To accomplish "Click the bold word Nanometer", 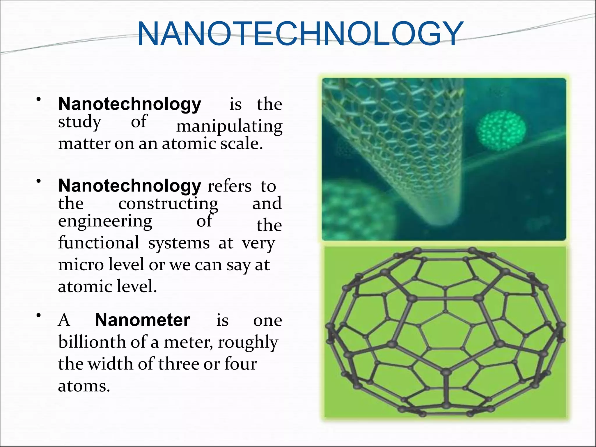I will pos(143,320).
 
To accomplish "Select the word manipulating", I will pos(229,127).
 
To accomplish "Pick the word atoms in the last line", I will pos(84,386).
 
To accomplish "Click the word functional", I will pos(99,243).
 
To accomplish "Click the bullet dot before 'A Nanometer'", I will pos(38,315).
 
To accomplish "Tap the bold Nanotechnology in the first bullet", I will pos(130,104).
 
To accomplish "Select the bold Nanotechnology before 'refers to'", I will pos(130,186).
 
